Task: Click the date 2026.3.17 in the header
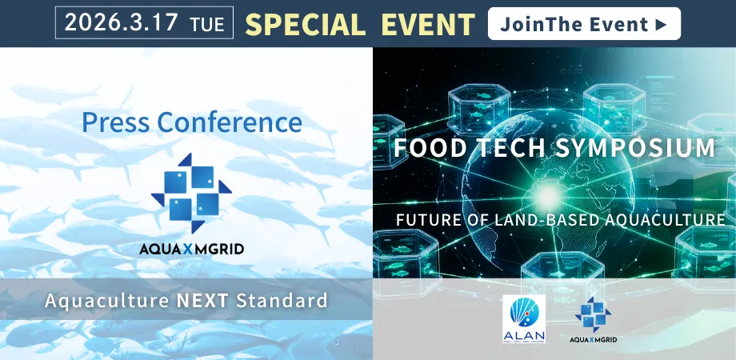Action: click(121, 23)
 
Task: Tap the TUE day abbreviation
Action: click(207, 25)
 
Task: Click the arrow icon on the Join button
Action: click(660, 24)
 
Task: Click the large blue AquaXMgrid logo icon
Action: click(191, 189)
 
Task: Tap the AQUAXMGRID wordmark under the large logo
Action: click(191, 249)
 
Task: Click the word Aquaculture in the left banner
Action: click(105, 301)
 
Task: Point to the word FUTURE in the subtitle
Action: click(428, 219)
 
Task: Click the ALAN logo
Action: click(523, 318)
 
